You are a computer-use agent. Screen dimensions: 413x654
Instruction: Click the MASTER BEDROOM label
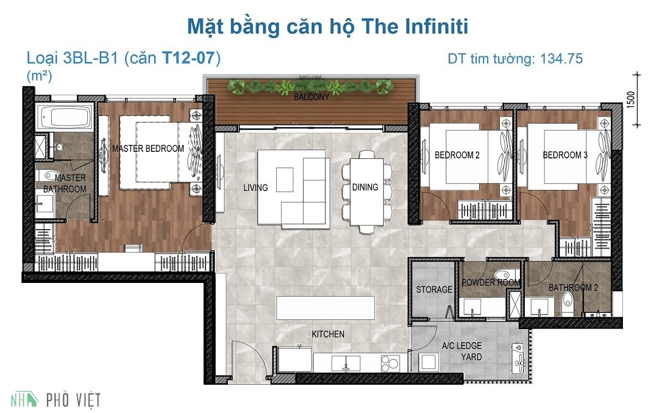(148, 149)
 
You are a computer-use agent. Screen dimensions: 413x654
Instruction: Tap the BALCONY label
(311, 97)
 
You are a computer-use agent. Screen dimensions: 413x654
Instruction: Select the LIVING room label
(256, 188)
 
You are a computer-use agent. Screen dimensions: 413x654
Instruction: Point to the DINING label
(365, 187)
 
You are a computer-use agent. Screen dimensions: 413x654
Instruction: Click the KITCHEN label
(328, 334)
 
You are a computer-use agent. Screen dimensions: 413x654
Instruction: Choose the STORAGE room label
(434, 289)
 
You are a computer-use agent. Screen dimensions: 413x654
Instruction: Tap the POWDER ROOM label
(491, 282)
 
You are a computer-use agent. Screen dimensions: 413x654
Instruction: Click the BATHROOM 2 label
(573, 287)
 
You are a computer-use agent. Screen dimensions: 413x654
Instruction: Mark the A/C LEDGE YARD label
(462, 352)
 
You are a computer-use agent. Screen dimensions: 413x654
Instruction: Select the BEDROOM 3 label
(565, 155)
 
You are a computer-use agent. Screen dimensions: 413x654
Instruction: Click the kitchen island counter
(325, 308)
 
